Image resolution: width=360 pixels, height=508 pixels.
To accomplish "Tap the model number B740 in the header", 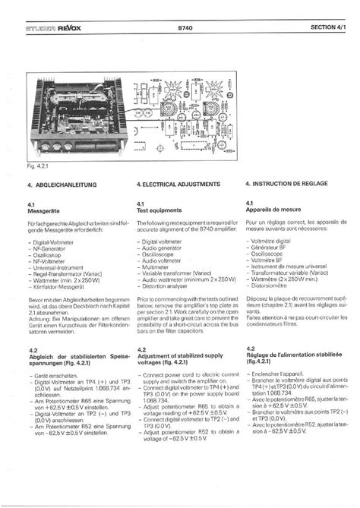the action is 185,29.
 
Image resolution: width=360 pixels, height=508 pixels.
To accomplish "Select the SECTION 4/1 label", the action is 329,29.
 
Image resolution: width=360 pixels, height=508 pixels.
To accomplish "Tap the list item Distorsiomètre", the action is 270,286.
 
